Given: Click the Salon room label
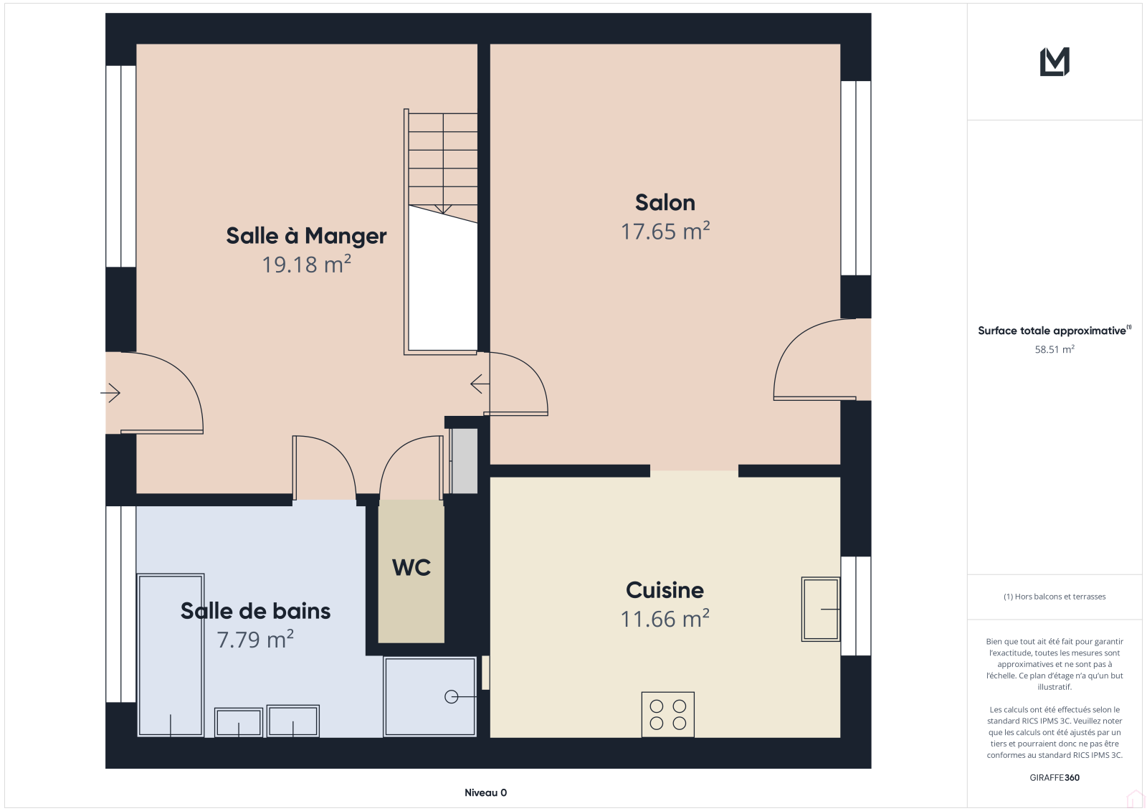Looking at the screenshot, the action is click(665, 203).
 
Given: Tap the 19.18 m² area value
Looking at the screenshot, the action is click(306, 265).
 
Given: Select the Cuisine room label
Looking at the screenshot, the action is click(665, 590).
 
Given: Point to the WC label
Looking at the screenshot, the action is click(411, 568).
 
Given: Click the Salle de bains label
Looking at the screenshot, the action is click(255, 611).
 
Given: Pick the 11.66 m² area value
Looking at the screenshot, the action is click(665, 618).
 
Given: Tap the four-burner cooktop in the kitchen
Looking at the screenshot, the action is click(667, 715).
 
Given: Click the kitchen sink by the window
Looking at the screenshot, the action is click(820, 610).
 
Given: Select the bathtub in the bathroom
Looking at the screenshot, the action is click(171, 655).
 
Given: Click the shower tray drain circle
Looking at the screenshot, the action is click(451, 697).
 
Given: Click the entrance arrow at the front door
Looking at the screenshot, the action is click(110, 393).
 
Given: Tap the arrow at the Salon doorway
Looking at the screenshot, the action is click(480, 384).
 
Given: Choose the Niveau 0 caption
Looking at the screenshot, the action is click(485, 792).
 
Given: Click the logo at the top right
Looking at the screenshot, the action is click(1055, 62).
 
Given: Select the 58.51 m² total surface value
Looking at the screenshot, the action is click(1055, 349).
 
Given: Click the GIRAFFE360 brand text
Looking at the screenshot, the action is click(1055, 777).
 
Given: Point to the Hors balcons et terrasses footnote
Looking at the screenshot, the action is click(1055, 597).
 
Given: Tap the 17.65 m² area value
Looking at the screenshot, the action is click(665, 231).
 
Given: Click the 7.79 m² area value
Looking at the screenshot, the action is click(255, 640).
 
